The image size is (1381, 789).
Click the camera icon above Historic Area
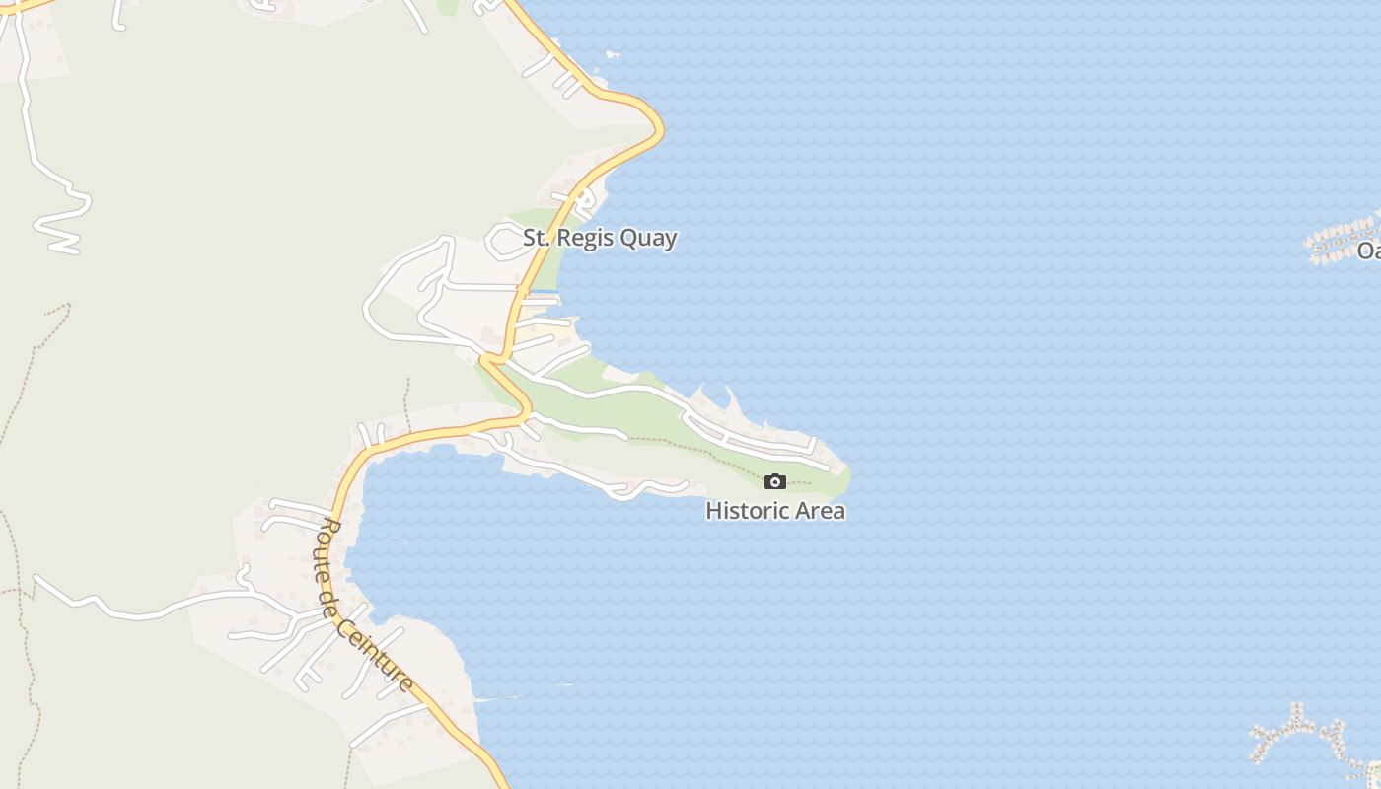(x=775, y=481)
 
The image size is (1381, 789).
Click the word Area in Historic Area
(x=817, y=511)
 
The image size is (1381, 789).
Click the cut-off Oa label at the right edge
(x=1368, y=251)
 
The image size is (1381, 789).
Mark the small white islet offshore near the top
(x=613, y=53)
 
